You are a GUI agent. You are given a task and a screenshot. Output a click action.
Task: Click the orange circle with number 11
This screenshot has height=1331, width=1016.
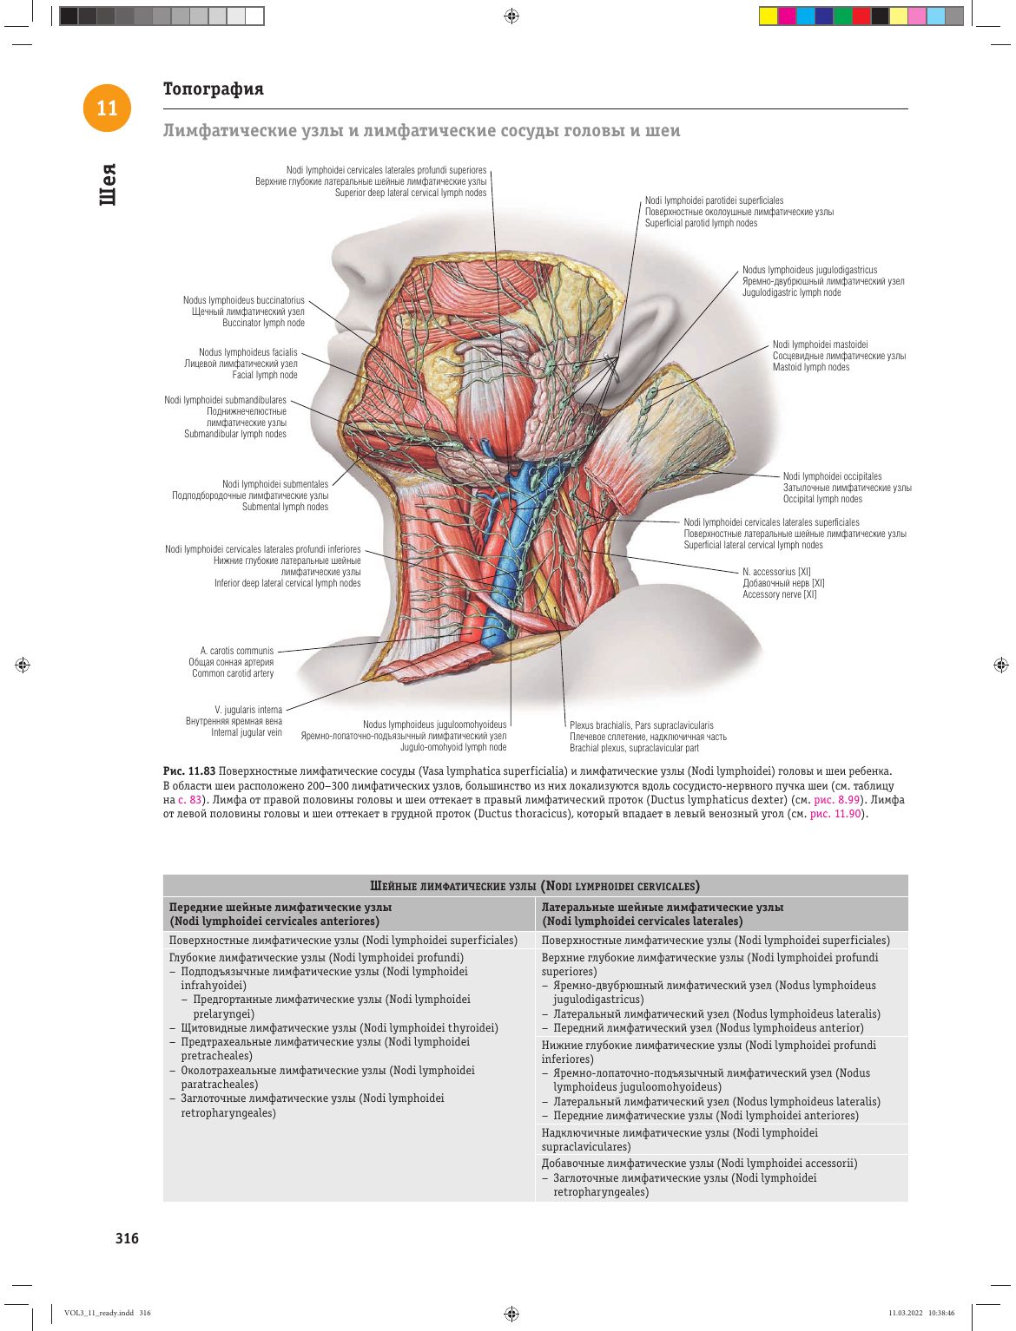coord(107,108)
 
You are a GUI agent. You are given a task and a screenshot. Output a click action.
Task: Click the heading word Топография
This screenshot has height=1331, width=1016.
coord(213,89)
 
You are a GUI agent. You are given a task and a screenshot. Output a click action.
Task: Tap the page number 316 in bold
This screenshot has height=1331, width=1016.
coord(127,1238)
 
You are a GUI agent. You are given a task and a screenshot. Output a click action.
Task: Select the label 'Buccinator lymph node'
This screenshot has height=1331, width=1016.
coord(263,323)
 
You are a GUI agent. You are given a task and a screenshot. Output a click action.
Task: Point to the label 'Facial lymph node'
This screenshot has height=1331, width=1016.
coord(265,375)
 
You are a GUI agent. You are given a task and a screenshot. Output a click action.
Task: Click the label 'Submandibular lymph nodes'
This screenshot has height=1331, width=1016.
coord(234,434)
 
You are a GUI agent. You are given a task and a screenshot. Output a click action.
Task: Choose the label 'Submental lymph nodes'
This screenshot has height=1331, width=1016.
coord(285,507)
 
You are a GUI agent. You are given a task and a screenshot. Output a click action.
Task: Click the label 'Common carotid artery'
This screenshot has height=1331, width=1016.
coord(233,673)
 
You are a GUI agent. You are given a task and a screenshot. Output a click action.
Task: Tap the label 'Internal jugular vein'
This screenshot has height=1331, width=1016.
coord(247,732)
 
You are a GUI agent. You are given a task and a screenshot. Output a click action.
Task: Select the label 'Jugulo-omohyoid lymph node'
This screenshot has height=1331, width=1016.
coord(453,747)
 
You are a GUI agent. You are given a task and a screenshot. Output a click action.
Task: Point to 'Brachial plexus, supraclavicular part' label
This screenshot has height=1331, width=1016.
coord(634,748)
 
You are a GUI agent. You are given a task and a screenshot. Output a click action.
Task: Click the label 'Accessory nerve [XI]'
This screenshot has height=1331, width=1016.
coord(779,594)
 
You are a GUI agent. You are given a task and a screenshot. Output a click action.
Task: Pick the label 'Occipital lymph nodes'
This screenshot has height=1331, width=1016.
coord(822,499)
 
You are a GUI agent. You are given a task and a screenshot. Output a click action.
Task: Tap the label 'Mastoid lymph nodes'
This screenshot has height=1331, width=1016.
coord(811,367)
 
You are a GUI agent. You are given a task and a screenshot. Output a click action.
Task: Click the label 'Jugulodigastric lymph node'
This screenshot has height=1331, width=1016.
coord(791,292)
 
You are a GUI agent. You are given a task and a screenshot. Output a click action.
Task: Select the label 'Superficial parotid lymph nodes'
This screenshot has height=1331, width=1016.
coord(701,223)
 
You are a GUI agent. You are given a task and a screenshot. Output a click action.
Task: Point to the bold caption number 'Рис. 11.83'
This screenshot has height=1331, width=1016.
coord(189,771)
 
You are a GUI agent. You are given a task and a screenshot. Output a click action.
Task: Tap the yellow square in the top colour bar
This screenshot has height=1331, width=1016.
coord(768,16)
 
